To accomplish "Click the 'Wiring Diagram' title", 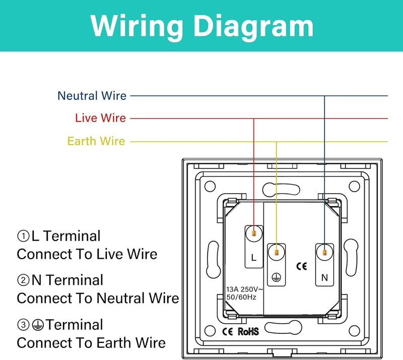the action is (x=202, y=26).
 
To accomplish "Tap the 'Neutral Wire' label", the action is (x=92, y=96).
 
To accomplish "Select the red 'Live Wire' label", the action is (x=100, y=118).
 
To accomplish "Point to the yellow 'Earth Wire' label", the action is (x=96, y=141).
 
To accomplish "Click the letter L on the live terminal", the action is (x=254, y=258).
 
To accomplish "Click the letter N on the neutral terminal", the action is (x=324, y=278).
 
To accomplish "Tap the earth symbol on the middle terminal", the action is (x=276, y=277).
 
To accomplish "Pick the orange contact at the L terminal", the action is (x=254, y=233).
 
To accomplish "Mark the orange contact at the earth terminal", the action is (x=276, y=253).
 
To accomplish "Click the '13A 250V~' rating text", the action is (x=244, y=290).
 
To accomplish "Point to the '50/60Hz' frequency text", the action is (x=241, y=297).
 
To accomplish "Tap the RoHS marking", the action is (x=248, y=331).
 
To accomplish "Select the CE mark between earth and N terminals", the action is (x=301, y=266).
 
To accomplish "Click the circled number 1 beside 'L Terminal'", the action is (x=23, y=236).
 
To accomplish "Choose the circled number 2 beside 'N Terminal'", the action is (x=23, y=280).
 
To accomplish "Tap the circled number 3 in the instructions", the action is (x=23, y=325).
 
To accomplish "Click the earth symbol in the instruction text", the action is (x=38, y=325).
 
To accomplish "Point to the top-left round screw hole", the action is (x=210, y=187).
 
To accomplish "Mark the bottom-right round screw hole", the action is (x=354, y=331).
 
